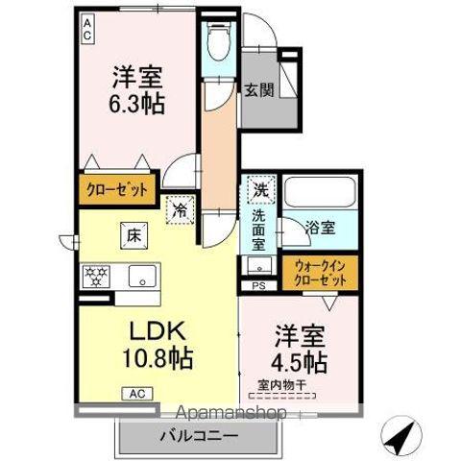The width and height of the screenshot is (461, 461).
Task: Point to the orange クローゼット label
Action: click(114, 189)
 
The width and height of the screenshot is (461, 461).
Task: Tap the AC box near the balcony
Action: click(135, 392)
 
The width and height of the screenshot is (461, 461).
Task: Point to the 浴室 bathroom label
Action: click(320, 228)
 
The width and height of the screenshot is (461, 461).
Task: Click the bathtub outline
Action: click(320, 196)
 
